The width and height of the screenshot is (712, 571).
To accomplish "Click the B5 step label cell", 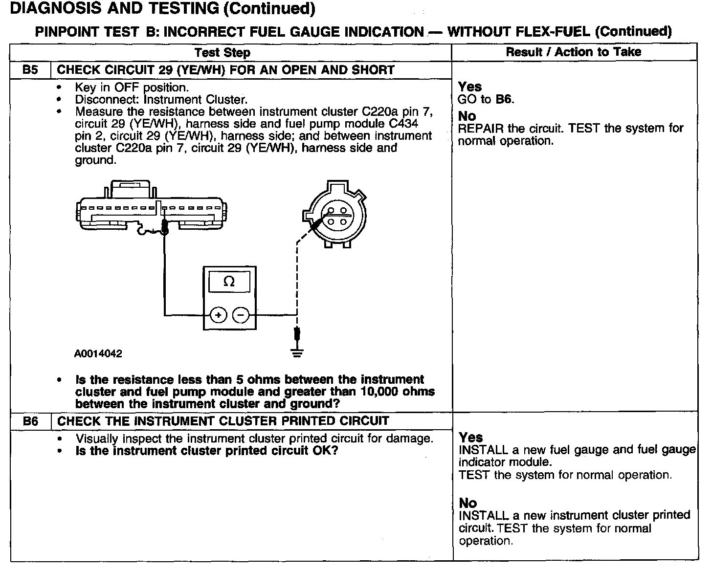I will [30, 70].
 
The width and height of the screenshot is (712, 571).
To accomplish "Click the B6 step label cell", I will [30, 421].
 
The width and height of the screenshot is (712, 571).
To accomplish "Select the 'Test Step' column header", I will [222, 52].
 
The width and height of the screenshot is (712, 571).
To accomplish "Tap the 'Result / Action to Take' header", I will [573, 52].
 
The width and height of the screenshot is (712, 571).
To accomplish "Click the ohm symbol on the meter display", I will [229, 282].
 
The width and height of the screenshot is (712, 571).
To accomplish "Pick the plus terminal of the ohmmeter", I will [218, 315].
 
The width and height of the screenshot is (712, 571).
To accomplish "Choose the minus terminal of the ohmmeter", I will [241, 315].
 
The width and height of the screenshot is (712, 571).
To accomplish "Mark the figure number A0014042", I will [98, 353].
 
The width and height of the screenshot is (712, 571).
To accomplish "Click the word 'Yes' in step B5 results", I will [470, 87].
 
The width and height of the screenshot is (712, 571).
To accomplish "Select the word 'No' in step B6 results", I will [467, 503].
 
